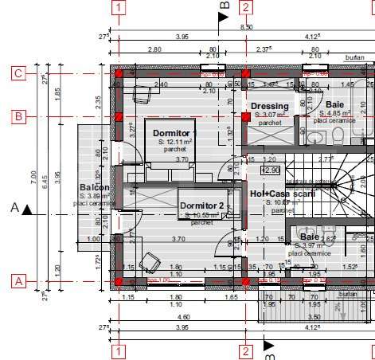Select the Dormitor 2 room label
[x=202, y=205]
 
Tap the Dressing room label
[x=269, y=106]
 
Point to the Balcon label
[x=95, y=188]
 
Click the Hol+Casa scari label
[x=282, y=194]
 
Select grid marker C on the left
[x=17, y=74]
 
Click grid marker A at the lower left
[x=17, y=280]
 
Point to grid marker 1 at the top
[x=119, y=9]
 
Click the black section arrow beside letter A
[x=28, y=209]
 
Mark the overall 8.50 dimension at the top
[x=247, y=27]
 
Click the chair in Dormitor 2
[x=149, y=260]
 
